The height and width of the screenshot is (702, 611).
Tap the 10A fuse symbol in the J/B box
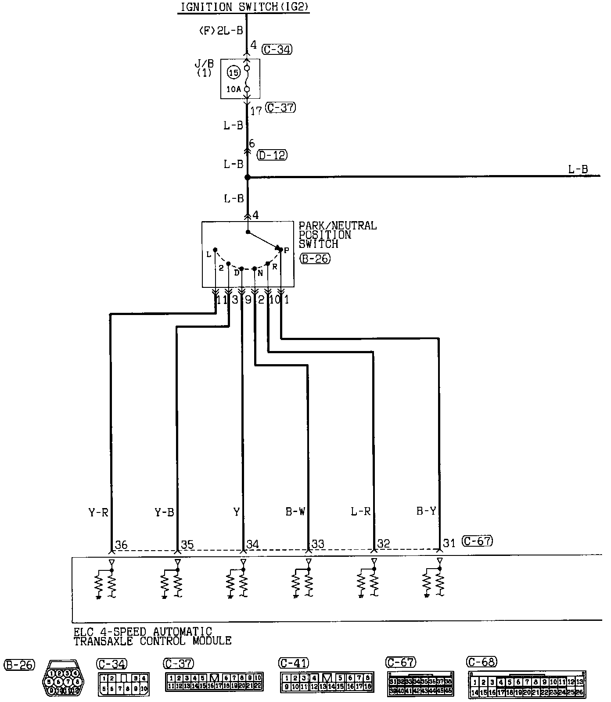coord(246,79)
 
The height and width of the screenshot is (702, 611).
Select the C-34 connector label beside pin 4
coord(277,49)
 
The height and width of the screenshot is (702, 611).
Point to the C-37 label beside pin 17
coord(281,107)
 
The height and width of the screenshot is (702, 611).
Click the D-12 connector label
coord(273,155)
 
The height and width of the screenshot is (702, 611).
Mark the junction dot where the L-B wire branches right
coord(247,177)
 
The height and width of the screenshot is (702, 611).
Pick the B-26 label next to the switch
coord(315,258)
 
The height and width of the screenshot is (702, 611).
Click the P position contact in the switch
coord(281,249)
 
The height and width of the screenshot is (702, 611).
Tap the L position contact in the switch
coord(215,250)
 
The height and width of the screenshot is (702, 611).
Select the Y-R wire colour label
coord(98,512)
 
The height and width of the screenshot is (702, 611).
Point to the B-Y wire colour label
coord(426,511)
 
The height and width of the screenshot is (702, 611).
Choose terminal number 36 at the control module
coord(121,544)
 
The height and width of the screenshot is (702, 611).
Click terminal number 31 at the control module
coord(449,543)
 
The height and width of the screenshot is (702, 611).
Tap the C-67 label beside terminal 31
coord(478,541)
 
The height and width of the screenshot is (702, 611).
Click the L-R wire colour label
coord(360,511)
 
